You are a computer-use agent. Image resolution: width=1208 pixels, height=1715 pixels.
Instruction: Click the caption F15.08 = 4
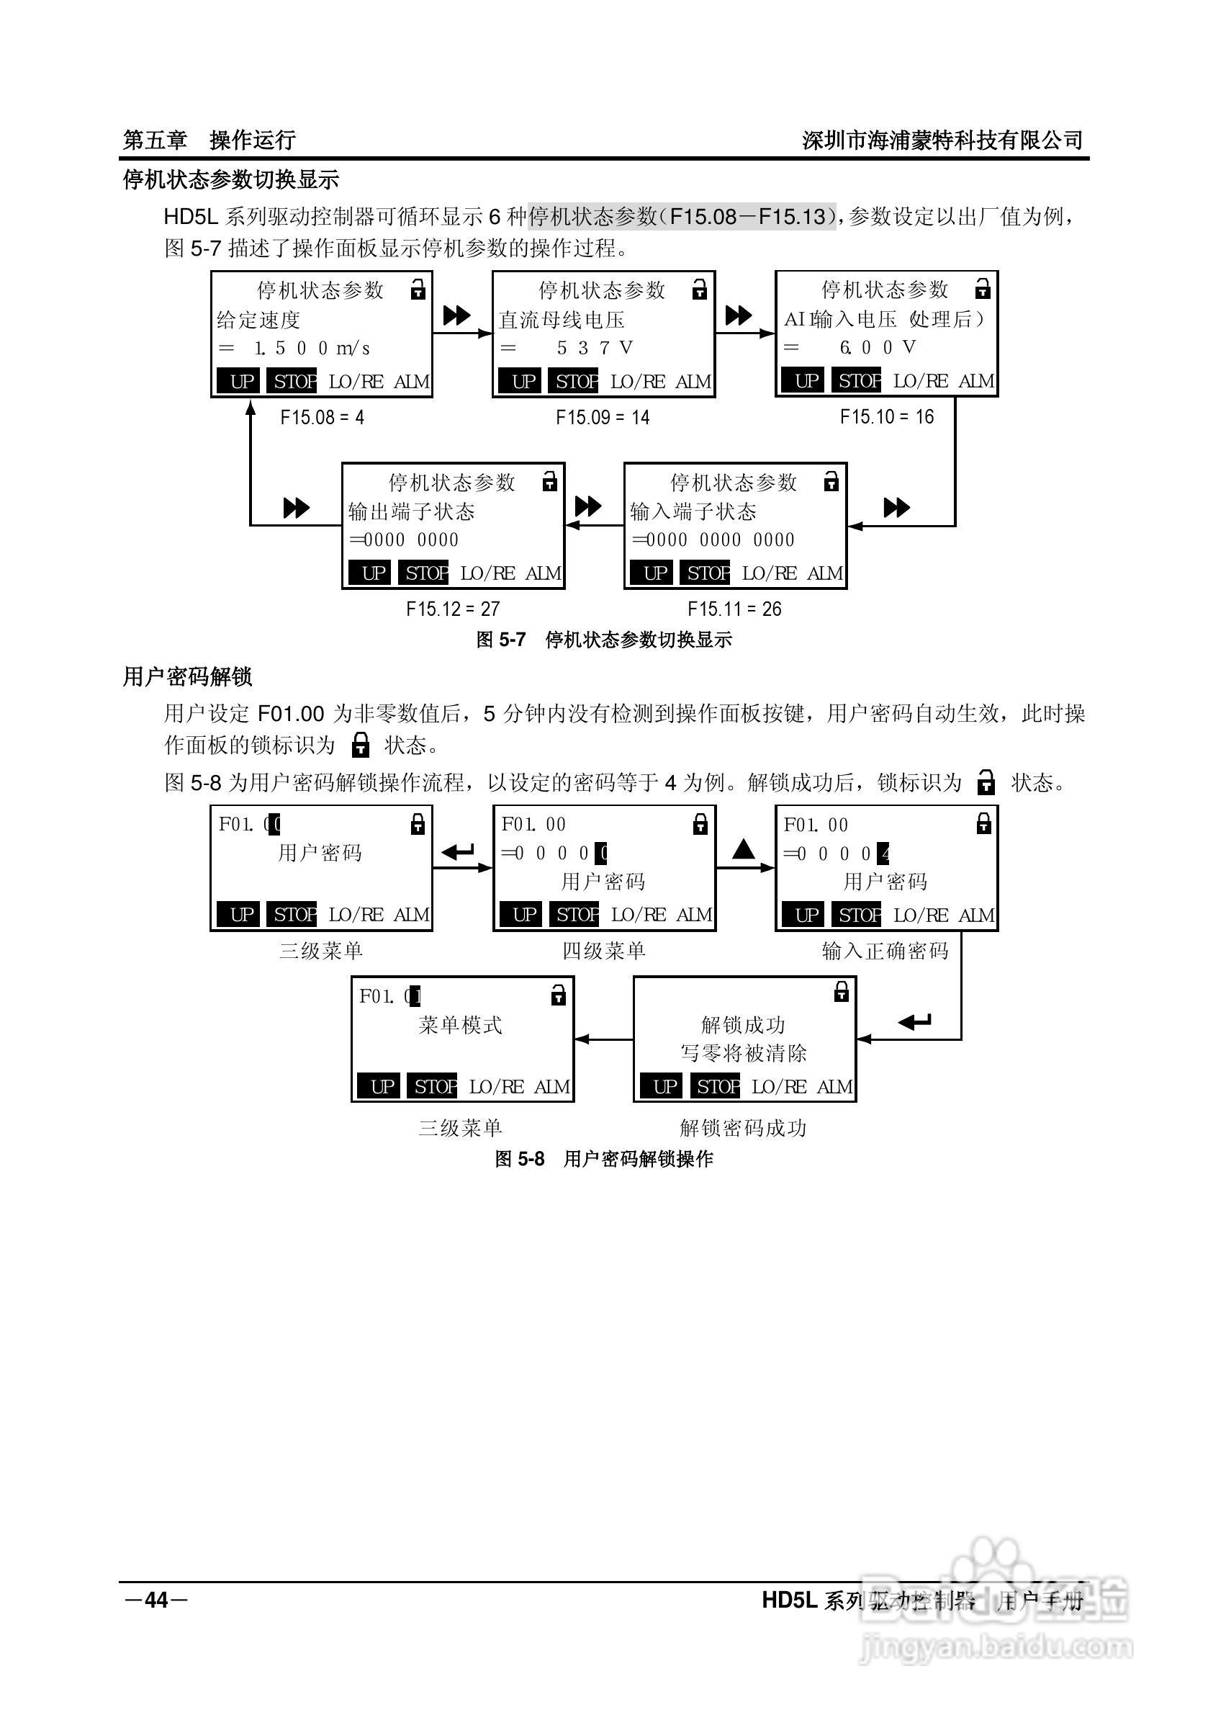(x=322, y=418)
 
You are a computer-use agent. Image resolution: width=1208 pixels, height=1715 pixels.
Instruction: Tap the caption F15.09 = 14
(x=603, y=418)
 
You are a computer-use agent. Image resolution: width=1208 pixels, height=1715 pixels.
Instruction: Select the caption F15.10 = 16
(x=886, y=417)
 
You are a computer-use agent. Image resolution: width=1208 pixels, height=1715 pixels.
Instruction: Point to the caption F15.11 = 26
(x=734, y=609)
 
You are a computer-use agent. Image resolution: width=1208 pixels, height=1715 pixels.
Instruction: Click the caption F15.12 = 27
(x=452, y=609)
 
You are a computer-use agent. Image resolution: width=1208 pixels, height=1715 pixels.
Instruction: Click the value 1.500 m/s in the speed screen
(x=312, y=348)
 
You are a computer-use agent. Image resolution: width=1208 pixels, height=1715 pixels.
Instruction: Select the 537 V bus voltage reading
(x=595, y=348)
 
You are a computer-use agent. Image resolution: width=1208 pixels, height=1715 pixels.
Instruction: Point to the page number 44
(x=156, y=1599)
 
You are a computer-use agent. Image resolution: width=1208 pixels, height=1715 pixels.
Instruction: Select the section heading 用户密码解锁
(x=187, y=677)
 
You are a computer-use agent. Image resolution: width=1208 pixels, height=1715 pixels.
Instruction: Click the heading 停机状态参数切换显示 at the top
(x=230, y=179)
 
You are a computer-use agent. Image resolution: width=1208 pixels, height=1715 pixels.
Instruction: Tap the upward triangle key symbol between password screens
(x=744, y=849)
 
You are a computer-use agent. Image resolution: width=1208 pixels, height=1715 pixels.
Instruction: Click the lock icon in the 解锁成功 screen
(x=841, y=992)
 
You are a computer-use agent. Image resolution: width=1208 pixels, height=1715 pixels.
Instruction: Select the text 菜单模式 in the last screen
(x=460, y=1025)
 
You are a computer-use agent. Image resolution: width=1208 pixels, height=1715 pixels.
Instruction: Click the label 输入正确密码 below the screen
(x=885, y=951)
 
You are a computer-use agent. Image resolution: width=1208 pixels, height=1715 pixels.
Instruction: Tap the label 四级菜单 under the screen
(x=603, y=951)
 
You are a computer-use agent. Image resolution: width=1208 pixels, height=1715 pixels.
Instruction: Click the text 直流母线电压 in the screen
(x=562, y=321)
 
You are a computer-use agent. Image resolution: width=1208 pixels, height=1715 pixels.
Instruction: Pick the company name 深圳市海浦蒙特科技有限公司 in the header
(x=942, y=140)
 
